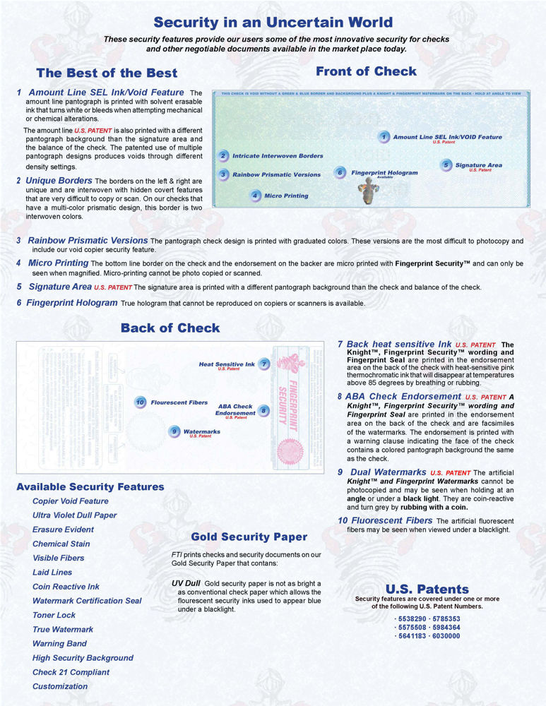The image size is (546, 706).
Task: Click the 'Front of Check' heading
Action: (x=366, y=71)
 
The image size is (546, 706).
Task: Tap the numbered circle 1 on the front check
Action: (x=383, y=137)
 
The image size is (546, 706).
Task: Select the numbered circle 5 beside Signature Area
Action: (x=446, y=165)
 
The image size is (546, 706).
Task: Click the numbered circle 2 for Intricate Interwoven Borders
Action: (x=223, y=156)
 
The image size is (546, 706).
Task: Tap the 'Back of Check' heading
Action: (x=170, y=328)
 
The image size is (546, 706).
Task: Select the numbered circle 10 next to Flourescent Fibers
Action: (x=140, y=402)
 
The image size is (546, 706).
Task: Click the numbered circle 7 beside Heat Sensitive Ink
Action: (x=263, y=364)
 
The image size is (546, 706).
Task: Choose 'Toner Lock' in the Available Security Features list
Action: (x=54, y=615)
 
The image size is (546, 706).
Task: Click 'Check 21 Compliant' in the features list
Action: (x=71, y=672)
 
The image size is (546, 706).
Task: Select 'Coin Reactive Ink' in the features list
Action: (x=66, y=587)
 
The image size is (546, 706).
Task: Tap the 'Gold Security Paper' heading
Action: (x=249, y=537)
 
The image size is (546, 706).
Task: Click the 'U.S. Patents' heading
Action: (x=427, y=589)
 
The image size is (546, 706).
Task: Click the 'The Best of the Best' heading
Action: (x=107, y=73)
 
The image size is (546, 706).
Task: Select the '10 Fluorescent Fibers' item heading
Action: (x=385, y=520)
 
